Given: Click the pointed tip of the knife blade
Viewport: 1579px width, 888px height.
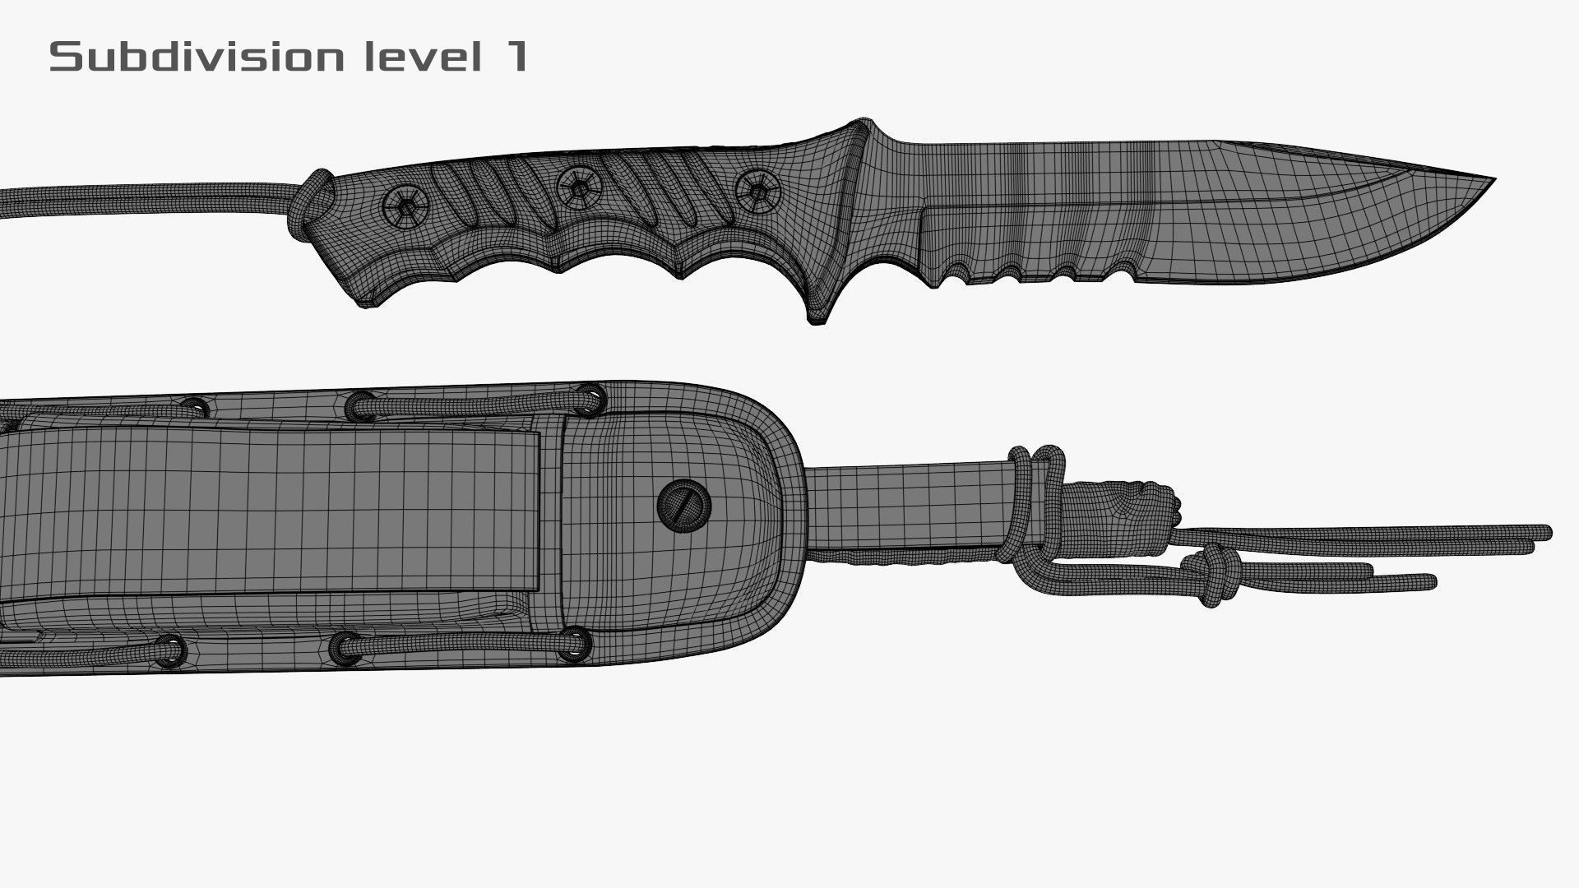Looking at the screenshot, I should point(1490,180).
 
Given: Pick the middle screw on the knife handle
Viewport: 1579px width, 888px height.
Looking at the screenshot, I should point(580,188).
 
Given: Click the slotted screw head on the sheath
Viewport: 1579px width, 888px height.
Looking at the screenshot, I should point(684,504).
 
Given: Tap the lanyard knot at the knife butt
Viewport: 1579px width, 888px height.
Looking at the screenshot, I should point(309,196).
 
